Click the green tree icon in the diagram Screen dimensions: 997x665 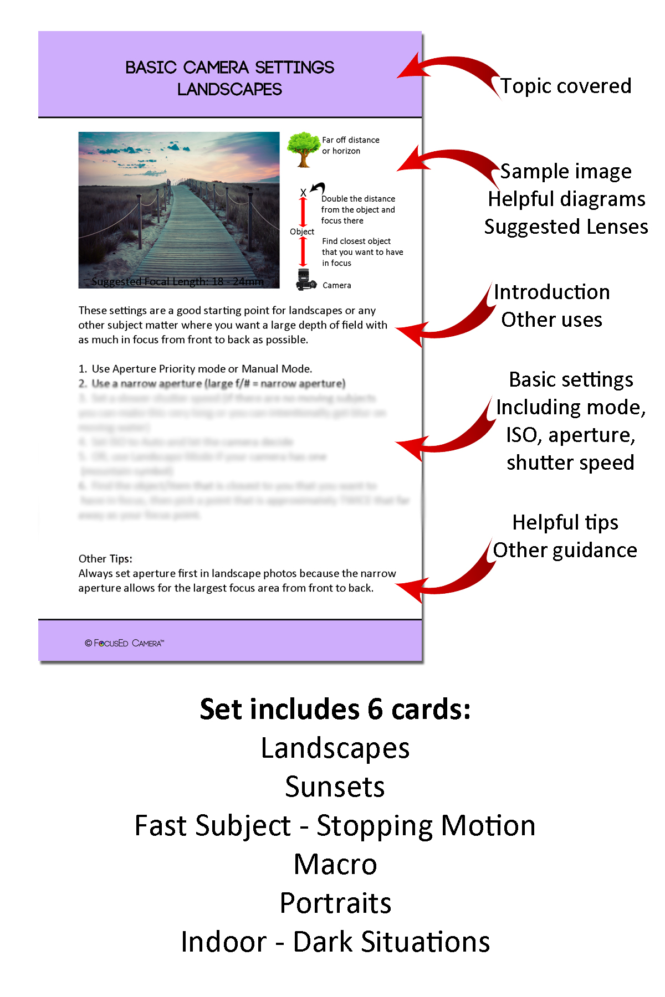click(x=303, y=148)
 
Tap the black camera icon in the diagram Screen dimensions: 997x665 click(x=305, y=280)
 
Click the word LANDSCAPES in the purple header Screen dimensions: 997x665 click(x=229, y=89)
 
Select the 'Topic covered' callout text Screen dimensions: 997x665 click(x=565, y=86)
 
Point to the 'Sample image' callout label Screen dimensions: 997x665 click(x=565, y=171)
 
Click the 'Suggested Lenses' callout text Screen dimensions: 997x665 click(x=565, y=227)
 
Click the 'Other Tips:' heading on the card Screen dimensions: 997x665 click(x=105, y=558)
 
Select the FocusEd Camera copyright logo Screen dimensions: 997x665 click(x=125, y=643)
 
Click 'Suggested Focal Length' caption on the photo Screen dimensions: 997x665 click(x=177, y=281)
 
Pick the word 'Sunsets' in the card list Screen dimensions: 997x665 click(x=335, y=787)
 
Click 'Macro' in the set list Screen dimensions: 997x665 click(x=335, y=864)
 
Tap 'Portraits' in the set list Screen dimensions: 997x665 click(x=335, y=903)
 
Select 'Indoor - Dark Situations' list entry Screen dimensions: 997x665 click(x=335, y=942)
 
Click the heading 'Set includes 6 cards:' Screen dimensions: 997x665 click(x=335, y=709)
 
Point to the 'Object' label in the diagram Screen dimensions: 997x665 click(x=301, y=232)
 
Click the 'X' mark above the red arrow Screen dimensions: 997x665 click(x=303, y=193)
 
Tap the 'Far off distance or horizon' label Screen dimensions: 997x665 click(x=350, y=145)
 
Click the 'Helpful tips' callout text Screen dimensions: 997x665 click(x=565, y=522)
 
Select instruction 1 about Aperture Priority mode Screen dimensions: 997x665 click(x=196, y=369)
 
